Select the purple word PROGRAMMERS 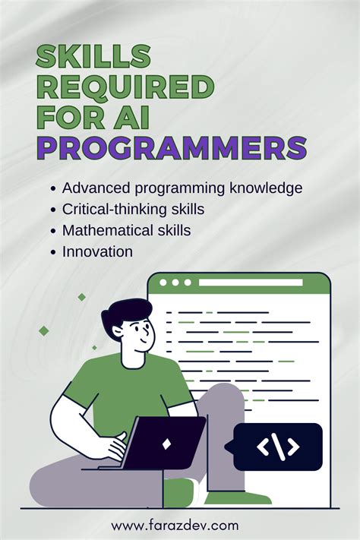tap(172, 146)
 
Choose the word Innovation tap(97, 251)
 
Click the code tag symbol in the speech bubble tap(277, 447)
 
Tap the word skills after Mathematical tap(171, 229)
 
